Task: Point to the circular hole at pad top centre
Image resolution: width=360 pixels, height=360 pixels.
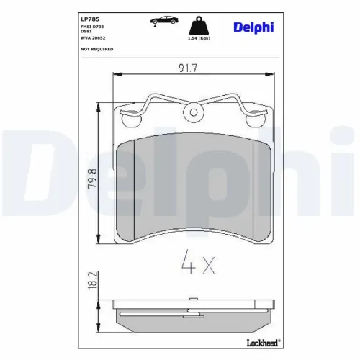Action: pyautogui.click(x=192, y=112)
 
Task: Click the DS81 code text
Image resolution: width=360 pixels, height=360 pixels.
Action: pyautogui.click(x=86, y=32)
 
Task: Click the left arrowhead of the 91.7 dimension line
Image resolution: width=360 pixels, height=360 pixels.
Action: pyautogui.click(x=117, y=74)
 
